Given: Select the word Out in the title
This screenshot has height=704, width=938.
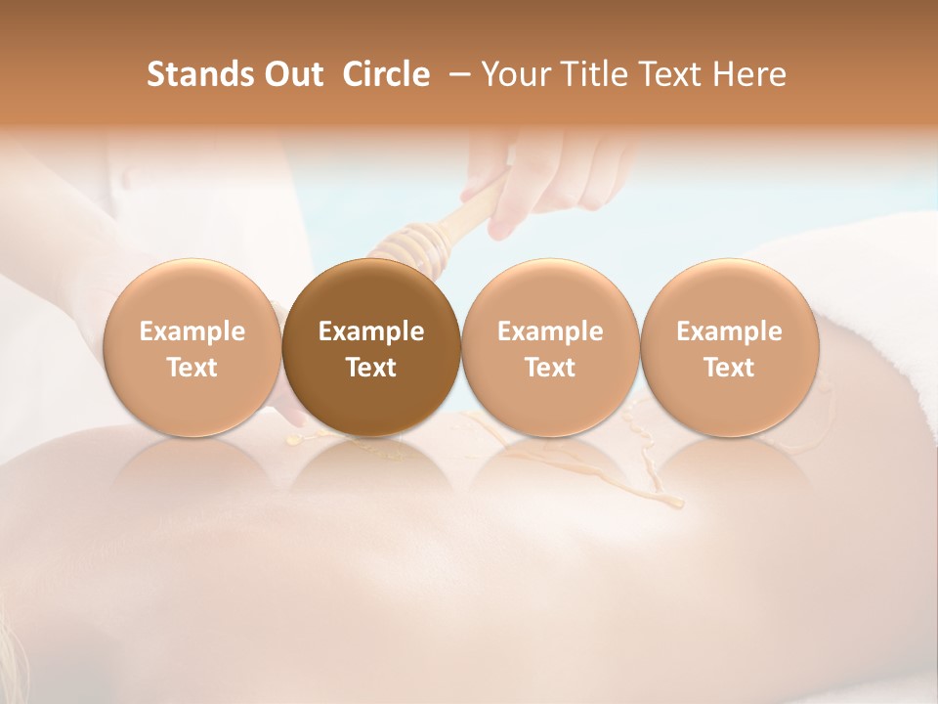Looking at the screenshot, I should (x=291, y=74).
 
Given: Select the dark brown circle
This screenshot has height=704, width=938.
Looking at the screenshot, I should (x=371, y=348).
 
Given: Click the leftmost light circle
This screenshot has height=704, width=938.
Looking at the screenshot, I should (x=192, y=348).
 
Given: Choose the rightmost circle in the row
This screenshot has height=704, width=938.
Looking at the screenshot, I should (x=729, y=348).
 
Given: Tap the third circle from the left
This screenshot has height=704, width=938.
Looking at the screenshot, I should (x=550, y=348).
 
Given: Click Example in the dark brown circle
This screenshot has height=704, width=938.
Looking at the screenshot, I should (x=371, y=331).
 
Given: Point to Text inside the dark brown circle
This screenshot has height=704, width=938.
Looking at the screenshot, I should (x=371, y=368).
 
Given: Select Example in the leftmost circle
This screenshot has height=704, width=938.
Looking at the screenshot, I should (x=192, y=331).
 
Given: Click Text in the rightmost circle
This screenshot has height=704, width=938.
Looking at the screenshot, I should (x=729, y=368).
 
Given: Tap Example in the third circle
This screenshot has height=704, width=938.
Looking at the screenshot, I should (x=550, y=331).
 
